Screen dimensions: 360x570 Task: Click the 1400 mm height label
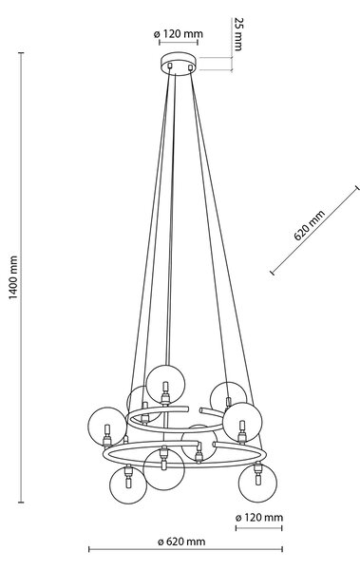point(12,277)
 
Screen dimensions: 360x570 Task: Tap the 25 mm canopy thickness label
point(238,34)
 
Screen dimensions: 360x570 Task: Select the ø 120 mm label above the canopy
point(179,34)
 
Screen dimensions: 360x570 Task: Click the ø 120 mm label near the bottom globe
point(259,518)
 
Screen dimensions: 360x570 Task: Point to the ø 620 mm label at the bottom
point(181,541)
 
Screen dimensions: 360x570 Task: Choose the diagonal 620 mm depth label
point(309,225)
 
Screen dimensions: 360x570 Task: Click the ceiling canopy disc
point(179,64)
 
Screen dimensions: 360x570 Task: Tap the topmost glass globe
point(165,384)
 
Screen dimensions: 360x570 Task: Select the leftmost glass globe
point(107,426)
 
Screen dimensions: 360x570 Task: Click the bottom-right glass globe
point(257,483)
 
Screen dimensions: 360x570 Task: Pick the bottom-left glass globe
point(128,484)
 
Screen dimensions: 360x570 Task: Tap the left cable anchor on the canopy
point(169,66)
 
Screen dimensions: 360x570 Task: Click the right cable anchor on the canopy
point(190,66)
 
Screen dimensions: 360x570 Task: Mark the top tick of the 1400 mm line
point(22,52)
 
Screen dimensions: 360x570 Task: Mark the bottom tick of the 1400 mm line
point(22,503)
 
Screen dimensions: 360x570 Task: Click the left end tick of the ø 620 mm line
point(89,549)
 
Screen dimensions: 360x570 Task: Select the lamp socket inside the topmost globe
point(165,393)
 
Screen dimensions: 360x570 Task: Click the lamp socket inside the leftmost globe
point(107,435)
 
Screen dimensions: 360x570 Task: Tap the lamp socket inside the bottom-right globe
point(257,472)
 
